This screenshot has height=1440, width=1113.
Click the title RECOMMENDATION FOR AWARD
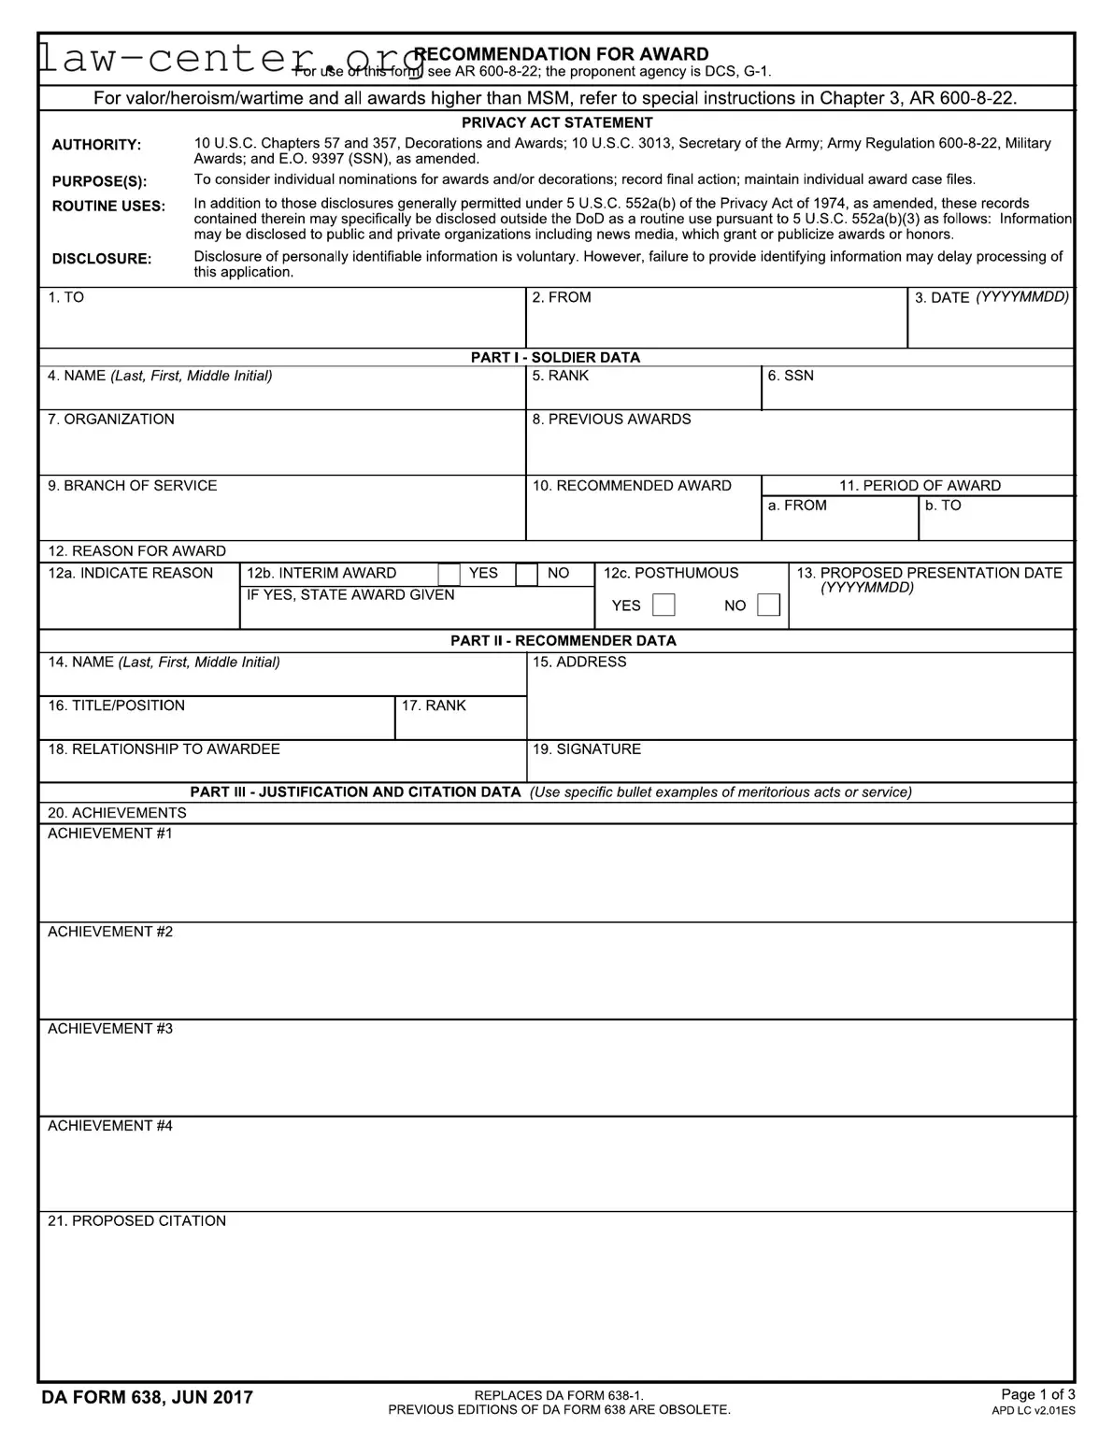pyautogui.click(x=561, y=54)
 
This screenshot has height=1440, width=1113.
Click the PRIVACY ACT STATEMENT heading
pyautogui.click(x=557, y=122)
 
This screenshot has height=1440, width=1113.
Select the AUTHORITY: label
pyautogui.click(x=96, y=145)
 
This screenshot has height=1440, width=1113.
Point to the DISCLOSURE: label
pyautogui.click(x=101, y=259)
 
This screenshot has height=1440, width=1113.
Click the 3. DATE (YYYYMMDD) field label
pyautogui.click(x=991, y=297)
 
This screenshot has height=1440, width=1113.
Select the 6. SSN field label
pyautogui.click(x=791, y=376)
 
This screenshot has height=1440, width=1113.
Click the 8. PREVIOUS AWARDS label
pyautogui.click(x=611, y=420)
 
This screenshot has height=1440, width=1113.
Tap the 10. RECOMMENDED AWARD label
pyautogui.click(x=632, y=486)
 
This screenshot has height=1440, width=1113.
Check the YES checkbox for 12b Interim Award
pyautogui.click(x=449, y=574)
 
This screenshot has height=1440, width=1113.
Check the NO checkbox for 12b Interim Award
pyautogui.click(x=527, y=574)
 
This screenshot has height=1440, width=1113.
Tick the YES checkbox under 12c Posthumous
pyautogui.click(x=664, y=605)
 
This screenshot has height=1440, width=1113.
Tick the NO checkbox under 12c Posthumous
pyautogui.click(x=768, y=605)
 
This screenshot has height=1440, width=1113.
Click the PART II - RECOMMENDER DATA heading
pyautogui.click(x=563, y=641)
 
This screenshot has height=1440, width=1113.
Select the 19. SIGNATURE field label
pyautogui.click(x=586, y=749)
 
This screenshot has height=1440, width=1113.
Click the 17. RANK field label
pyautogui.click(x=434, y=706)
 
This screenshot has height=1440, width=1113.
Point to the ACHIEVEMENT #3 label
pyautogui.click(x=110, y=1029)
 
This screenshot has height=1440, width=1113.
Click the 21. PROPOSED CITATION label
pyautogui.click(x=136, y=1221)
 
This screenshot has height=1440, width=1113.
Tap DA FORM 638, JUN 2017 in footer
pyautogui.click(x=147, y=1398)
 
